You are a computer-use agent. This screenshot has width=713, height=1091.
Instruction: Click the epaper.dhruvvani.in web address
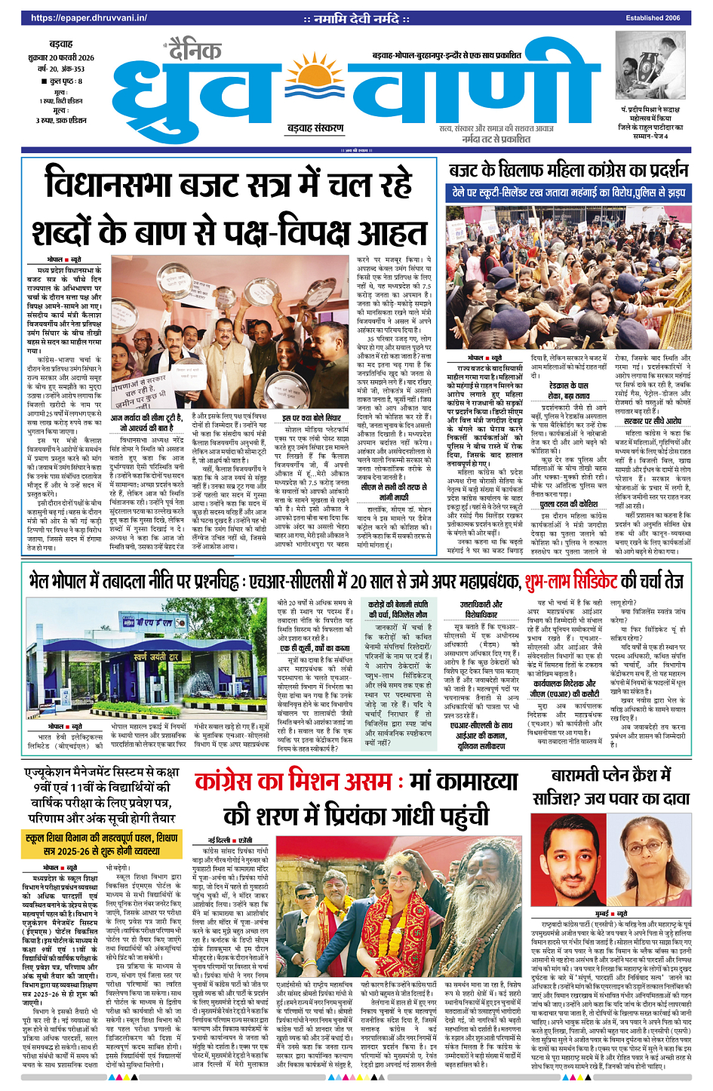(88, 18)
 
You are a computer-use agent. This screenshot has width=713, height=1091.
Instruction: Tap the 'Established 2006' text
(653, 18)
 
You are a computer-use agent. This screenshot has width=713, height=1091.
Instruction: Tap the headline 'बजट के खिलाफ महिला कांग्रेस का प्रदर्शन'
(568, 170)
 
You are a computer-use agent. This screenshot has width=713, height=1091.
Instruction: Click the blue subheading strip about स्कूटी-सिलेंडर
(568, 192)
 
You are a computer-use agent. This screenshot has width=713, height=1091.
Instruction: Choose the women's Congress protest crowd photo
(568, 276)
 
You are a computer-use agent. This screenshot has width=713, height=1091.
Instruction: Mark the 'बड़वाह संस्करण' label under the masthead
(315, 128)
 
